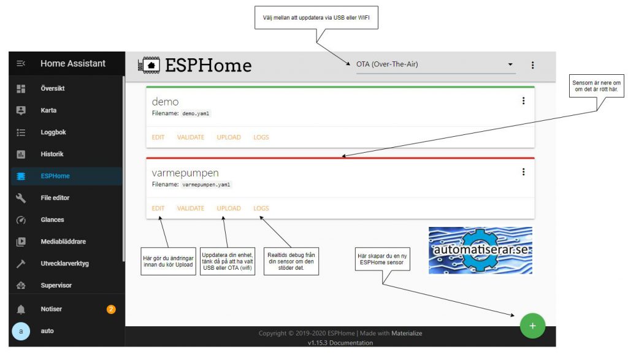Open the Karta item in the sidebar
tap(48, 110)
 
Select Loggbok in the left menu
tap(53, 132)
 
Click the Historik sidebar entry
tap(52, 154)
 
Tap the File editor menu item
tap(55, 198)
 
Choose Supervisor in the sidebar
tap(56, 285)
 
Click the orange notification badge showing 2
tap(111, 309)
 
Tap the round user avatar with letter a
tap(21, 331)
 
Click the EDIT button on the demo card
tap(158, 137)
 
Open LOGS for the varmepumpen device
tap(261, 209)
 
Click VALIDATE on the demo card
tap(191, 137)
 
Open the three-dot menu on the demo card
tap(524, 101)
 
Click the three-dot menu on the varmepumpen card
tap(524, 172)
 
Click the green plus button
tap(533, 326)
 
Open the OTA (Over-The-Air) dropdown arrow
tap(510, 64)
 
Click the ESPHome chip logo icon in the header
tap(149, 65)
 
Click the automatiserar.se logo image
tap(481, 250)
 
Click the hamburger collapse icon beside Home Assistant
tap(21, 63)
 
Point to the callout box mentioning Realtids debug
tap(291, 261)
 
